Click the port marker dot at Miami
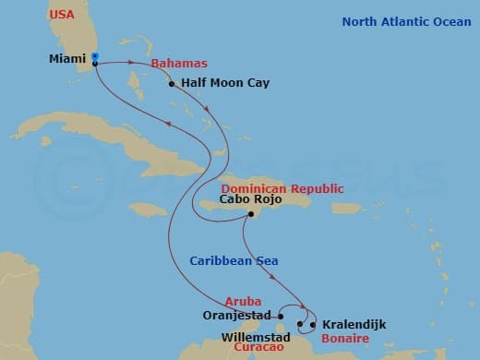(x=95, y=64)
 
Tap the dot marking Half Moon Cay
(x=172, y=84)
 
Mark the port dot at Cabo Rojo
(x=250, y=215)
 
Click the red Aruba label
(x=242, y=301)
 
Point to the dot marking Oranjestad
(x=276, y=315)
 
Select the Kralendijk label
(x=354, y=324)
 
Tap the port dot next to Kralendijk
(x=314, y=324)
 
